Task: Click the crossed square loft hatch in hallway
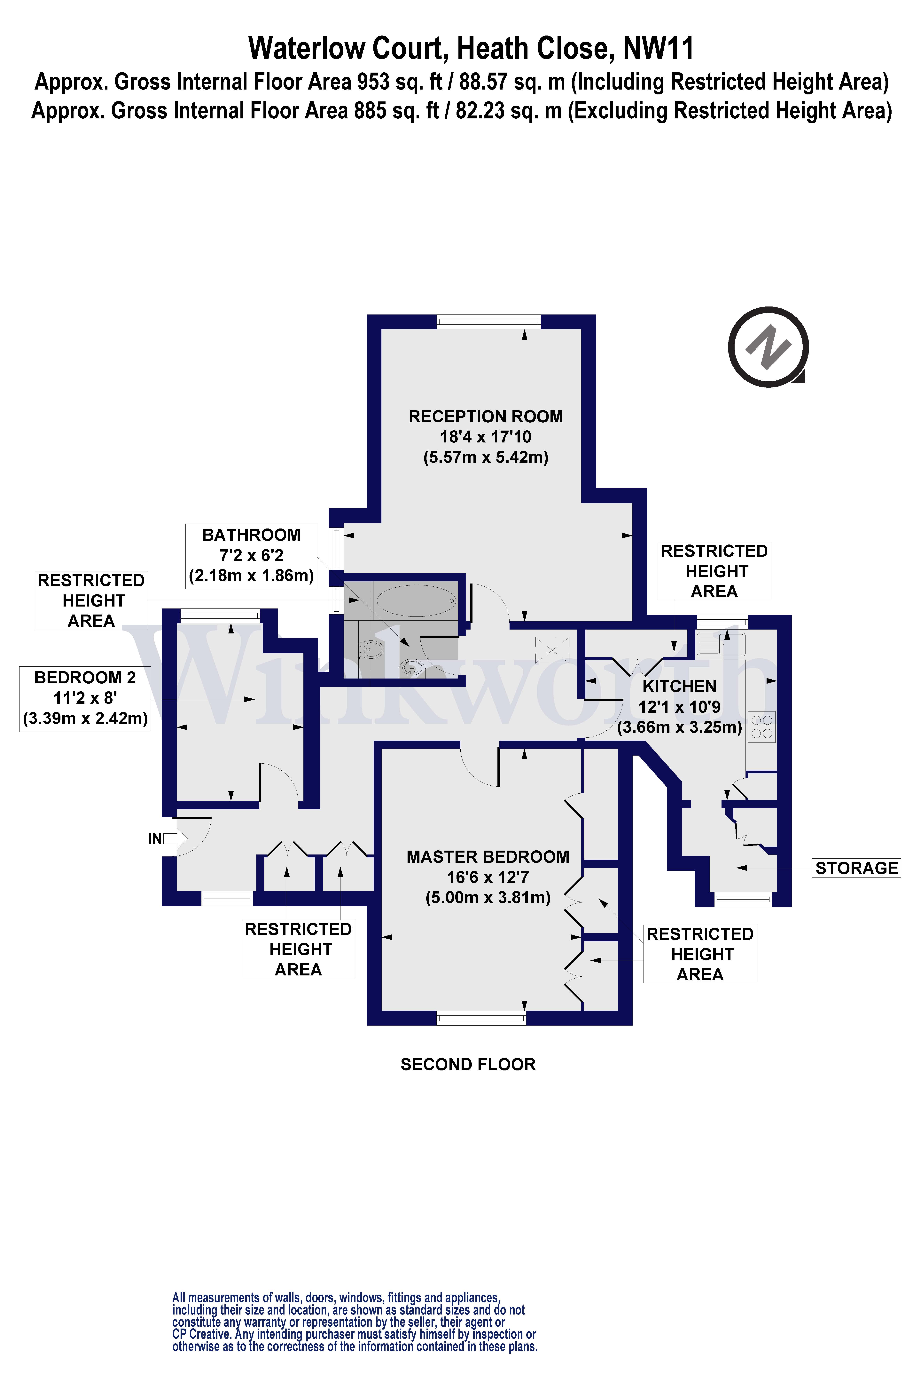point(552,650)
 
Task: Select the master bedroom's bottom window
point(481,1018)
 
